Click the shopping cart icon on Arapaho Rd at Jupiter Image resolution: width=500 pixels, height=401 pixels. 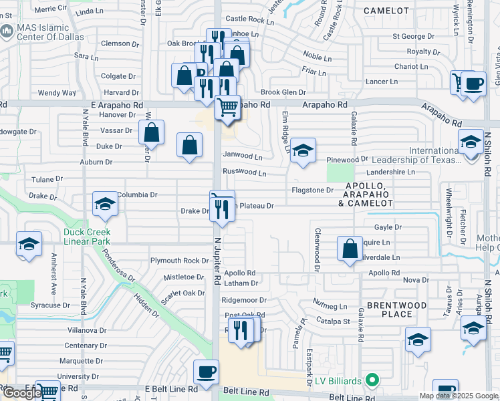[x=228, y=106]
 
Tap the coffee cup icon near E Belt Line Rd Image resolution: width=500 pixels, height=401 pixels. [x=206, y=372]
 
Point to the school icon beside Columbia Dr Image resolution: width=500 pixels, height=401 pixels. [x=105, y=205]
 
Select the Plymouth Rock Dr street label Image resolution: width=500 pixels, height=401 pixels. [x=180, y=261]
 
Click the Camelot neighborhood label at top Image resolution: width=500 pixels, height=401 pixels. [x=386, y=11]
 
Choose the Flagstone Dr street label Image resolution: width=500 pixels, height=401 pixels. [x=312, y=190]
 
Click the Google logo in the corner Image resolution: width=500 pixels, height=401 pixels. [x=23, y=393]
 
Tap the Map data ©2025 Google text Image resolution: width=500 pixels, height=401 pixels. [x=458, y=396]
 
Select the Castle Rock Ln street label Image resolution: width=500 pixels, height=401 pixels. [x=250, y=21]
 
